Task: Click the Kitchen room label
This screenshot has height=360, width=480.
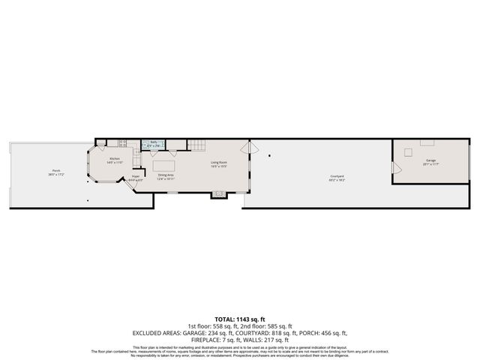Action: pyautogui.click(x=115, y=158)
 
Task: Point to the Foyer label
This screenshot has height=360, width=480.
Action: pyautogui.click(x=136, y=177)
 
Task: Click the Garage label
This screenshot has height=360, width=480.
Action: pyautogui.click(x=430, y=160)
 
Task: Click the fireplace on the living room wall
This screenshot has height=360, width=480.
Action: pyautogui.click(x=218, y=194)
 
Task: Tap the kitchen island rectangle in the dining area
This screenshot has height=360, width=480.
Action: pyautogui.click(x=164, y=164)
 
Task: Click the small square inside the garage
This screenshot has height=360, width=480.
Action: pyautogui.click(x=408, y=152)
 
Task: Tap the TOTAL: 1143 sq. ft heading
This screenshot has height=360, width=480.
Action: pyautogui.click(x=240, y=319)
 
